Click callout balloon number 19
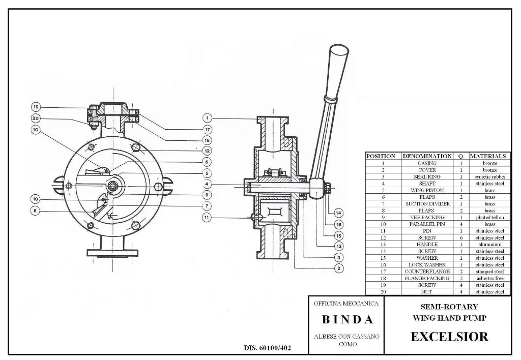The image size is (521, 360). coord(36,107)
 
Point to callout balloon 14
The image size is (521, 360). coord(339,213)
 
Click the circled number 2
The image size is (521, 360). coord(339,268)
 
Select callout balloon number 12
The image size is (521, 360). coord(207,151)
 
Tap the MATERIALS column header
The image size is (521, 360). coord(488,156)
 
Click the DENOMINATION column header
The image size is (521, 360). coord(427,156)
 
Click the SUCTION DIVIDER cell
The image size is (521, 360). coord(427,204)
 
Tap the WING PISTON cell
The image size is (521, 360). coord(427,190)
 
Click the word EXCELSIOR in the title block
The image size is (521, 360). coord(449,336)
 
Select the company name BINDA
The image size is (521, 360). coord(348,320)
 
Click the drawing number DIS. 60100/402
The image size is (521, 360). coord(268,348)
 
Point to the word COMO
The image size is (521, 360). coord(348,344)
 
